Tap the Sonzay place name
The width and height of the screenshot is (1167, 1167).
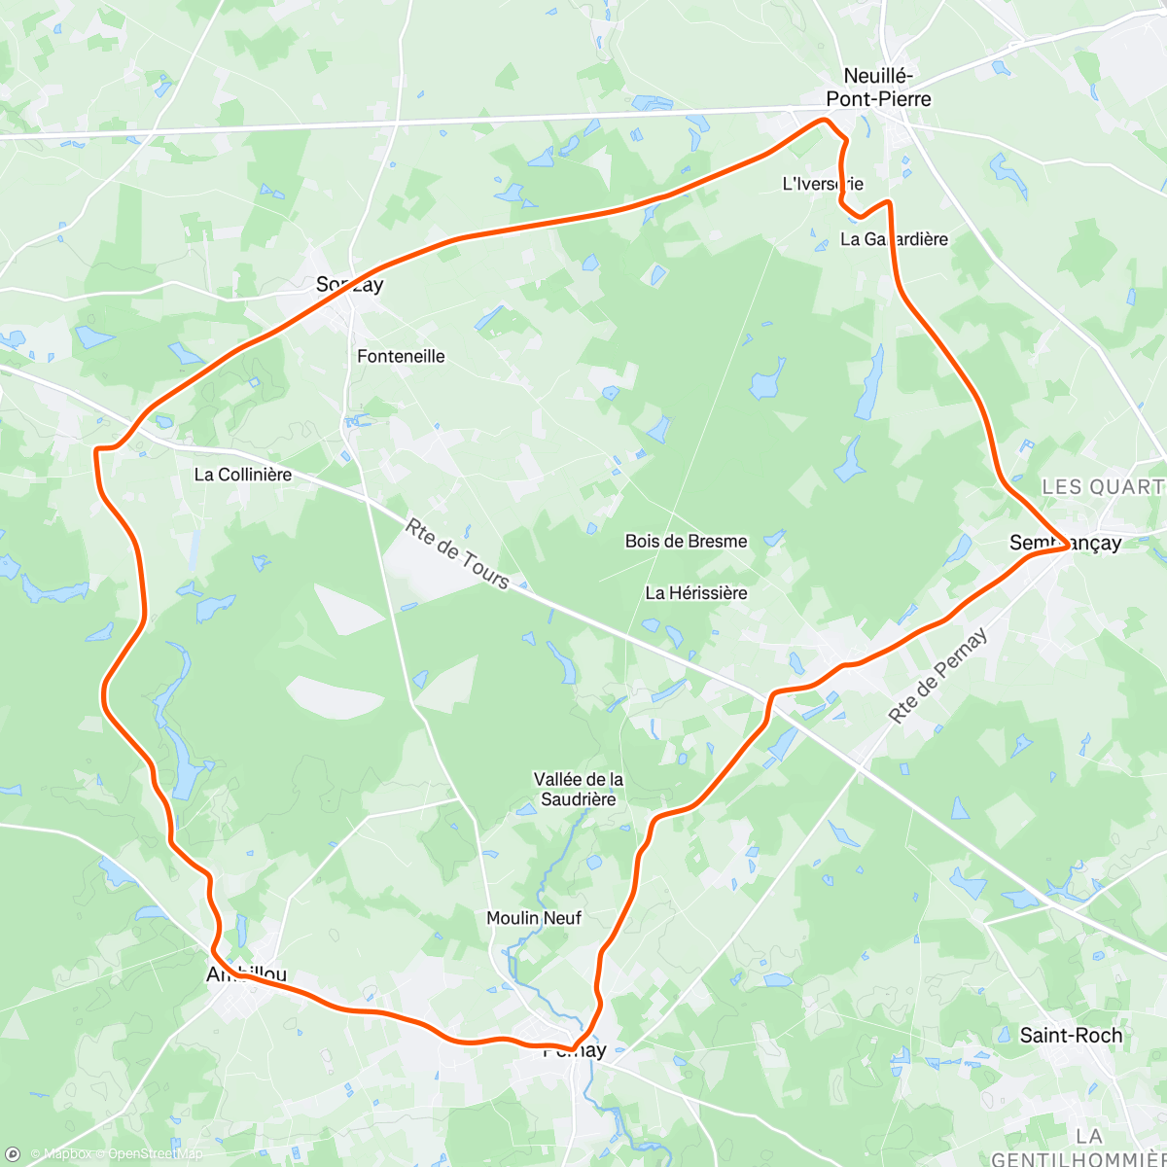(x=349, y=285)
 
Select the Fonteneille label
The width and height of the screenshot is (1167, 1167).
(x=401, y=356)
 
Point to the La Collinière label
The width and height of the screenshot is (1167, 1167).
(x=243, y=475)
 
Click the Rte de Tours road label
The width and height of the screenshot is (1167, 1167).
(x=457, y=554)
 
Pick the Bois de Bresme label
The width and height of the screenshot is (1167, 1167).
(x=687, y=541)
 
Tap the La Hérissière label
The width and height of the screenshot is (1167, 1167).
(x=696, y=592)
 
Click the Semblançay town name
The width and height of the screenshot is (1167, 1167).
(x=1065, y=543)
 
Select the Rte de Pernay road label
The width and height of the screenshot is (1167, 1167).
(x=937, y=675)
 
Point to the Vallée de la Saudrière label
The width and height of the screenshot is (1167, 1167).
(x=579, y=789)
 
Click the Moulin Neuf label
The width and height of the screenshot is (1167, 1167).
(x=534, y=918)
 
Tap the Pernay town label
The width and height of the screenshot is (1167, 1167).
(x=575, y=1050)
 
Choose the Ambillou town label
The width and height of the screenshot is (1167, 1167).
(x=247, y=973)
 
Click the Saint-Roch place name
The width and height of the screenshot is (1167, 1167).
(x=1071, y=1036)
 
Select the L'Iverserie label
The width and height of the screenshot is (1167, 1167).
(x=823, y=183)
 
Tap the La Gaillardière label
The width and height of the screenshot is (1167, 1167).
(x=894, y=239)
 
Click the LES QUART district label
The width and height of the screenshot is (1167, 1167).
(x=1103, y=486)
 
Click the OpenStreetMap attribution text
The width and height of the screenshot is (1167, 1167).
(x=155, y=1154)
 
